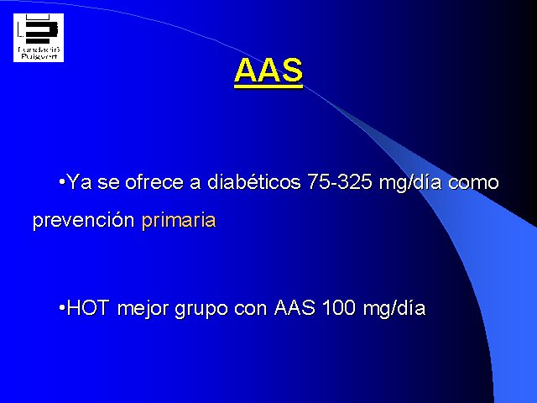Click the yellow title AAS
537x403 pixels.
coord(268,71)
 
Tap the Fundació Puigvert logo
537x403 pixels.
coord(39,38)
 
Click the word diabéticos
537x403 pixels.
coord(253,181)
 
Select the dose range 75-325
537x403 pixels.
coord(340,181)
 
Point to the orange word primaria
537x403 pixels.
coord(179,220)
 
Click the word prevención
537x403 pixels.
coord(83,220)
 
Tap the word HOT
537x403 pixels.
coord(88,307)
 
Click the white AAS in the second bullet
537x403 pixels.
coord(295,307)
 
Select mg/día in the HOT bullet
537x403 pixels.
coord(394,308)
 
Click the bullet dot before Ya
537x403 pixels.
coord(62,181)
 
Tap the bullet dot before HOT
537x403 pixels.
coord(62,307)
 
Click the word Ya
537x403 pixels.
coord(80,181)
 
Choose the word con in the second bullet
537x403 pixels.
coord(250,309)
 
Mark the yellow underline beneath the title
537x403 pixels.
coord(268,86)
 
